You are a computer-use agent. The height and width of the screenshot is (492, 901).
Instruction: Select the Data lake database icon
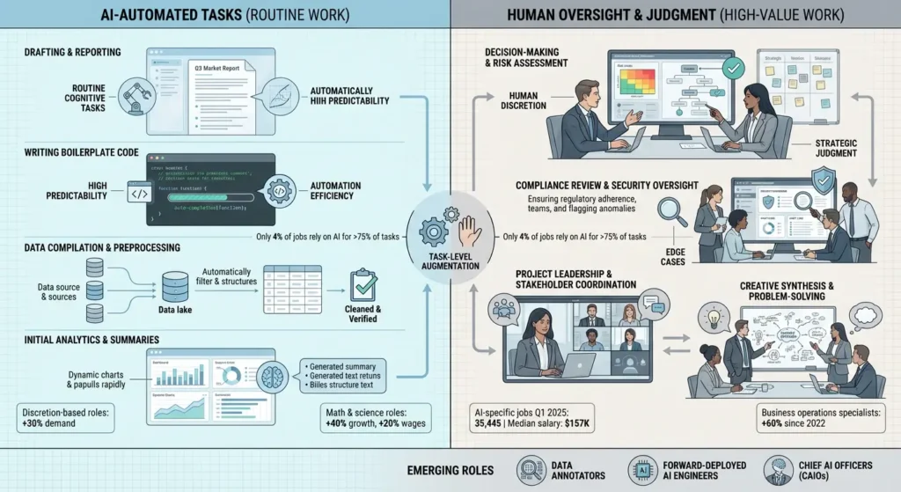172,284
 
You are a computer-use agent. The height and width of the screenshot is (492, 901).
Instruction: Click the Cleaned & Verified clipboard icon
363,285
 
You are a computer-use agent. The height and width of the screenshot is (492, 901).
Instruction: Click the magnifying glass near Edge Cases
673,211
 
